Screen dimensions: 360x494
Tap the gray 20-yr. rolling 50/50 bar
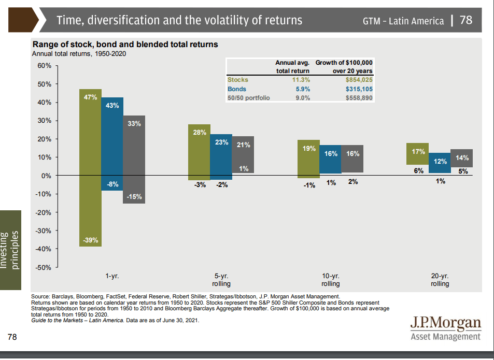coord(461,158)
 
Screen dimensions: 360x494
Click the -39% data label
coord(90,241)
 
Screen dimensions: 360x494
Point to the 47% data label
coord(90,97)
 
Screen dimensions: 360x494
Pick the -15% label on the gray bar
coord(134,196)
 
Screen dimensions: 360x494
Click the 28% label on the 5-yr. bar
coord(200,133)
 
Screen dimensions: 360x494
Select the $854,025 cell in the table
coord(359,80)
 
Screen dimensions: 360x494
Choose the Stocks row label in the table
coord(238,80)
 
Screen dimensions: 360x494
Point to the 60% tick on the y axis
coord(43,66)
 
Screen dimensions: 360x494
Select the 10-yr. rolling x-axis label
coord(331,280)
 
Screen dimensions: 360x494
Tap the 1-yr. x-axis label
coord(112,276)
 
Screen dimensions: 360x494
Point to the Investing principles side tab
coord(10,250)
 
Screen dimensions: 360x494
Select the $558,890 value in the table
coord(359,98)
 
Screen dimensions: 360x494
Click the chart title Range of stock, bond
coord(125,45)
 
